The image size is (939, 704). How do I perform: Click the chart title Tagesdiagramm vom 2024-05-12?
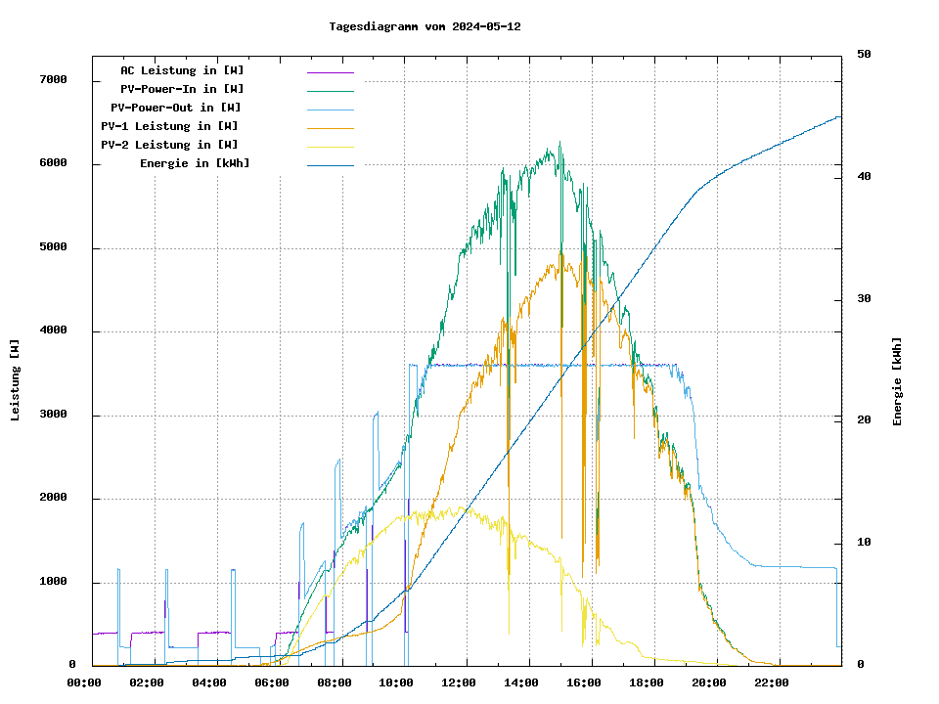[425, 26]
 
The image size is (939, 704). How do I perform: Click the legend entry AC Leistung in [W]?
[182, 70]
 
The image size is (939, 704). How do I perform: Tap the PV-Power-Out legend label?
[176, 108]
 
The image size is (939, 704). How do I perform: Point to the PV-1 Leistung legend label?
[169, 126]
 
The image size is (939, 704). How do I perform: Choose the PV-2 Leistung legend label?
[169, 145]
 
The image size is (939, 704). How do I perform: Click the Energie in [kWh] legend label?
[195, 163]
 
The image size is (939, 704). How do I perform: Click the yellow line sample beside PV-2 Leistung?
[330, 146]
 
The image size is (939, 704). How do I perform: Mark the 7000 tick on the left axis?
[52, 79]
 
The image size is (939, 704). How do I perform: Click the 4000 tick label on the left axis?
[52, 330]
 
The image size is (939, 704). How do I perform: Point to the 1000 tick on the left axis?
[52, 582]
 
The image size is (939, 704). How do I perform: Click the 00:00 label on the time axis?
[84, 682]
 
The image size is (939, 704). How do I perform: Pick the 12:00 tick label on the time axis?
[459, 682]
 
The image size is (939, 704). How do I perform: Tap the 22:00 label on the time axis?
[771, 682]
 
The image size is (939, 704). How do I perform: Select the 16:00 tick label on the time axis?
[584, 682]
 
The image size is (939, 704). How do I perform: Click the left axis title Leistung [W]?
[16, 379]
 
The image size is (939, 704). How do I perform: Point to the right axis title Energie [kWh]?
[897, 381]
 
